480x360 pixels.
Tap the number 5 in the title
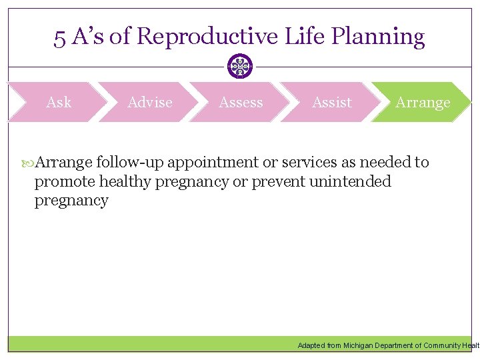[59, 37]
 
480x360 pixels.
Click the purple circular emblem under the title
[240, 67]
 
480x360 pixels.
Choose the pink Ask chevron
[59, 102]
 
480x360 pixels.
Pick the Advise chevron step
[149, 102]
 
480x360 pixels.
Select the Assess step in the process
[241, 102]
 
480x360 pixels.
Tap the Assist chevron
[331, 102]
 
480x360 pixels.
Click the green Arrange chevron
[423, 102]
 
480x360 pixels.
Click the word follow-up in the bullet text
[131, 162]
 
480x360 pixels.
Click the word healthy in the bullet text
[125, 181]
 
